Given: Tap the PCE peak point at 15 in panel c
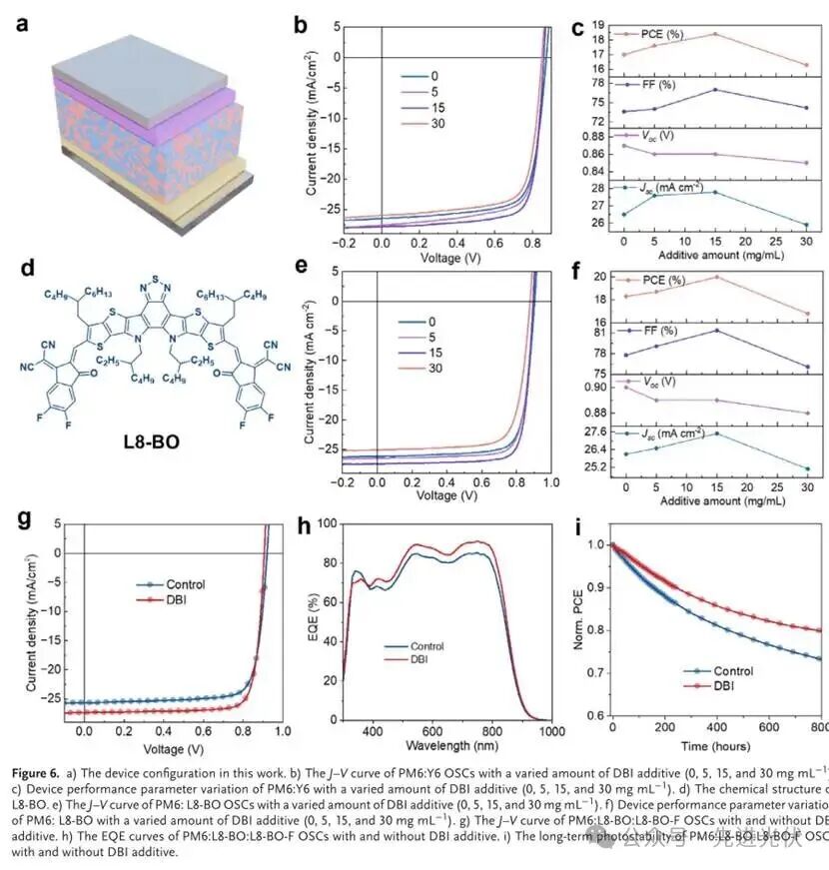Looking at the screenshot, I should point(714,34).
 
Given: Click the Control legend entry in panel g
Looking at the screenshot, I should point(163,584).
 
